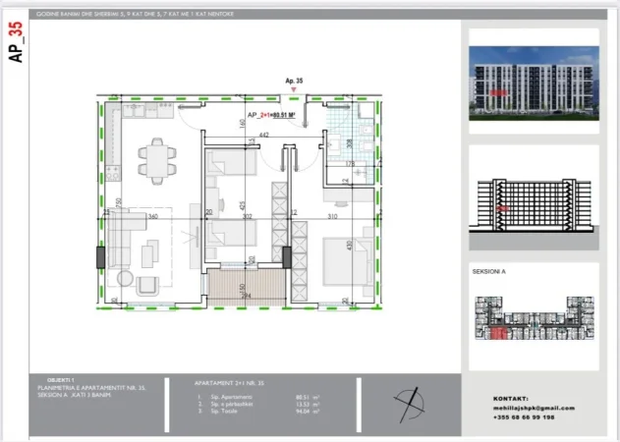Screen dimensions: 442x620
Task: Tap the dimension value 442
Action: click(x=263, y=135)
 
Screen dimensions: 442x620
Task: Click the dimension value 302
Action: click(x=249, y=216)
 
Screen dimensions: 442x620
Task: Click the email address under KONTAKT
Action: click(x=534, y=408)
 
